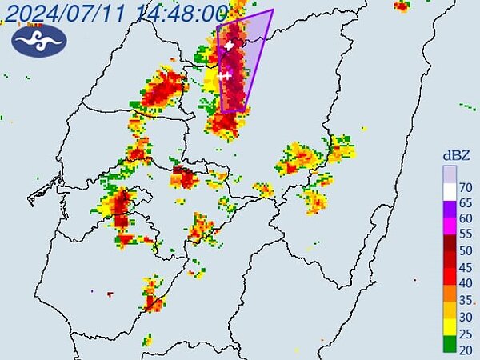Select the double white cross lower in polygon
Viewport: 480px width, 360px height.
click(225, 76)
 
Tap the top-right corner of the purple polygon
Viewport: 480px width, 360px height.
click(273, 10)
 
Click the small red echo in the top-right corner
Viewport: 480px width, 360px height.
click(402, 6)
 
